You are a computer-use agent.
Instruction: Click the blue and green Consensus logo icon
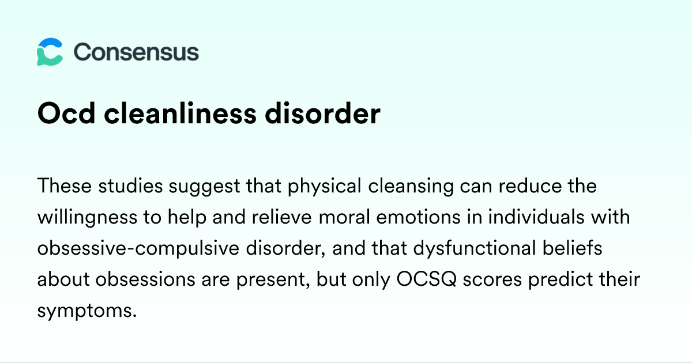(50, 52)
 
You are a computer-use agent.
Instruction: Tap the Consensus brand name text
(136, 52)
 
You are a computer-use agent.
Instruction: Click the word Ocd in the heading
(66, 114)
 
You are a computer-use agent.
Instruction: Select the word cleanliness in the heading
(180, 114)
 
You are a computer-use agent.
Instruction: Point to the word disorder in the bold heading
(322, 114)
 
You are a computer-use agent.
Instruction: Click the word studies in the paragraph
(130, 186)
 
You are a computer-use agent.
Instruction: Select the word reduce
(530, 186)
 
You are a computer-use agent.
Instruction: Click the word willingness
(87, 218)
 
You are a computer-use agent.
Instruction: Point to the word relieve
(282, 217)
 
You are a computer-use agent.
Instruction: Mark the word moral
(344, 217)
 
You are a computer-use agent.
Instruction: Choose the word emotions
(418, 217)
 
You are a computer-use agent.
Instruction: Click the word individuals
(536, 217)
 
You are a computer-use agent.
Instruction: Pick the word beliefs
(573, 248)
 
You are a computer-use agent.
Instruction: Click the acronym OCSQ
(426, 279)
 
